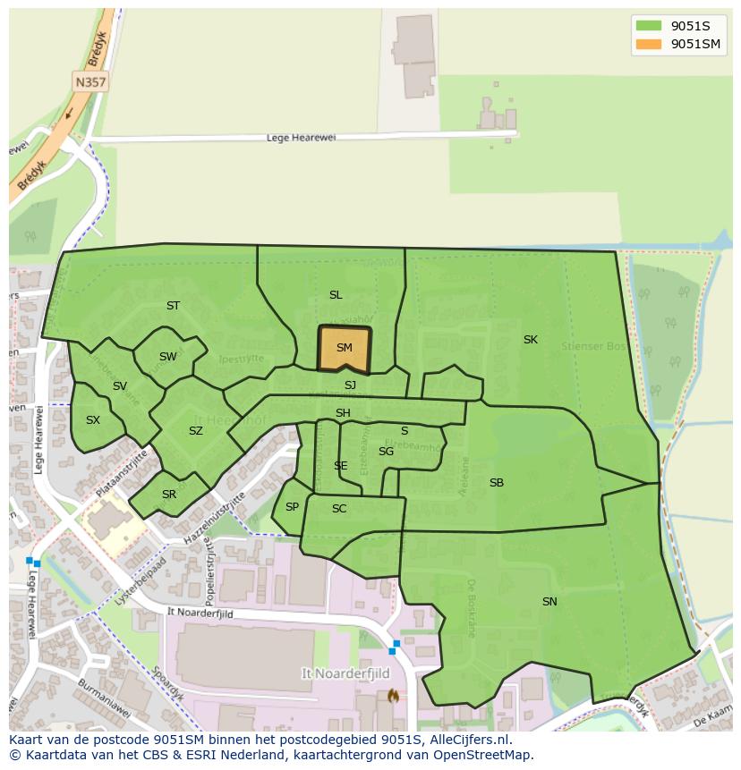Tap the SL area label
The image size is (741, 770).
pyautogui.click(x=336, y=295)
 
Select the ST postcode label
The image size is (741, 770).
pyautogui.click(x=173, y=306)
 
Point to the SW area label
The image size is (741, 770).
pyautogui.click(x=167, y=357)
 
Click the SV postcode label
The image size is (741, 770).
pyautogui.click(x=120, y=386)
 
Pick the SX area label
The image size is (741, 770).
pyautogui.click(x=93, y=420)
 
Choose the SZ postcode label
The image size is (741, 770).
pyautogui.click(x=196, y=431)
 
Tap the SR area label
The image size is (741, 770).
pyautogui.click(x=169, y=495)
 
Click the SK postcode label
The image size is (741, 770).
pyautogui.click(x=531, y=340)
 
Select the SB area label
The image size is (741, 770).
pyautogui.click(x=497, y=483)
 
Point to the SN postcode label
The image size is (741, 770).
pyautogui.click(x=549, y=602)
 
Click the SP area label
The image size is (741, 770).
pyautogui.click(x=292, y=507)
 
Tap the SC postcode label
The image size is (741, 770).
pyautogui.click(x=339, y=509)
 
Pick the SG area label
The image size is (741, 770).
pyautogui.click(x=386, y=452)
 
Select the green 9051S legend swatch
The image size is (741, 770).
pyautogui.click(x=649, y=25)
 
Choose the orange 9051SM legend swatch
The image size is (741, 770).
pyautogui.click(x=649, y=44)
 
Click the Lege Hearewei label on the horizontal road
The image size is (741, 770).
pyautogui.click(x=300, y=138)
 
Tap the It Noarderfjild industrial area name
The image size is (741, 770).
pyautogui.click(x=337, y=672)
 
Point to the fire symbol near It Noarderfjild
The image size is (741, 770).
pyautogui.click(x=391, y=697)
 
